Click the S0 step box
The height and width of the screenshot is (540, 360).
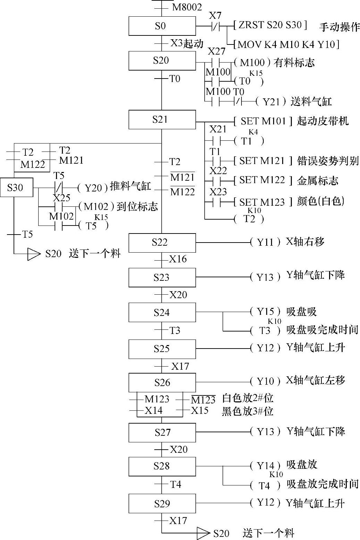tap(162, 26)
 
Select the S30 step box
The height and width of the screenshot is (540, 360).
tap(16, 188)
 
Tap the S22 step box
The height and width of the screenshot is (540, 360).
tap(162, 243)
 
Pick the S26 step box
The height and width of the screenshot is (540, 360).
tap(162, 383)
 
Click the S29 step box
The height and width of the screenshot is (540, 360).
tap(162, 504)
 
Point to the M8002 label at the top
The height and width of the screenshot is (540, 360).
tap(187, 7)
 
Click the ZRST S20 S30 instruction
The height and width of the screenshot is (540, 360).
tap(270, 25)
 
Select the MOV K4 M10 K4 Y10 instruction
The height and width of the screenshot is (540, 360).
tap(287, 44)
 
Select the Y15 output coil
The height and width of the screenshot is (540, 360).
tap(265, 312)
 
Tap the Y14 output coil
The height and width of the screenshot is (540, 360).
tap(265, 466)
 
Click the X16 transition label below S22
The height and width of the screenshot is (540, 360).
tap(178, 259)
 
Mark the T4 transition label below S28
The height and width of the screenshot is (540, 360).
tap(175, 484)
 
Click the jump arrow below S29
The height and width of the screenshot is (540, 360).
tap(203, 533)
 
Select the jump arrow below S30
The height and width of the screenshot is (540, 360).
tap(34, 254)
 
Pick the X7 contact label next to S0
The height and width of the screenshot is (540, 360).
tap(215, 16)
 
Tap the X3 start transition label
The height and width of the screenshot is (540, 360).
tap(177, 43)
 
